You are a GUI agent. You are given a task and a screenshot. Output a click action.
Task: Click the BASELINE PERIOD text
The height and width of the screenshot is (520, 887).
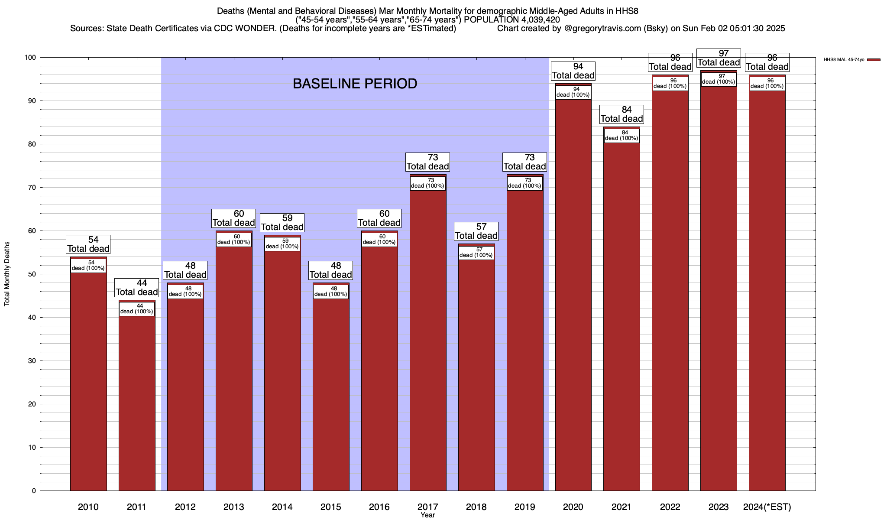(355, 84)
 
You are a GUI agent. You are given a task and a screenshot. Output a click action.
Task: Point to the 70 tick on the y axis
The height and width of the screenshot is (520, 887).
(32, 188)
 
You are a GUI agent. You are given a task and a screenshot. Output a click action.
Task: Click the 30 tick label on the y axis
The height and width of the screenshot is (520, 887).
(32, 361)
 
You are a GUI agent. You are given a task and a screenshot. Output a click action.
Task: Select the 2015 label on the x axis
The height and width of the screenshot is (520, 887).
(331, 507)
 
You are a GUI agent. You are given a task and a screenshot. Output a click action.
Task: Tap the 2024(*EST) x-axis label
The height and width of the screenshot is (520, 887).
(767, 507)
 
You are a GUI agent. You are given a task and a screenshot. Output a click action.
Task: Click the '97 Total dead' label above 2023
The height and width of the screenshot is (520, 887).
(719, 58)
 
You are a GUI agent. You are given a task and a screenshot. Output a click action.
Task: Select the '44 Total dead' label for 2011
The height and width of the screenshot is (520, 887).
(137, 288)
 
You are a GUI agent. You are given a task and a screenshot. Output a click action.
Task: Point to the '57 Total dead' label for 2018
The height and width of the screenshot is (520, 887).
(476, 231)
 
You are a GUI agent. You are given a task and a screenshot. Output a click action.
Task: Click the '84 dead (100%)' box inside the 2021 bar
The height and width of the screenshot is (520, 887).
(622, 136)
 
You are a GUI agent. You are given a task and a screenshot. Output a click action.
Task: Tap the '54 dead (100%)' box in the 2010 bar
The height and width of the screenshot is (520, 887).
(88, 266)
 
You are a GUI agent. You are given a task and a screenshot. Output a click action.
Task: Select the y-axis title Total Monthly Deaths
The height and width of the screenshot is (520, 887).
(7, 274)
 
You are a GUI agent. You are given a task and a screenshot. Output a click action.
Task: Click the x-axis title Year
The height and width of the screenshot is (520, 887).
(427, 515)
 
